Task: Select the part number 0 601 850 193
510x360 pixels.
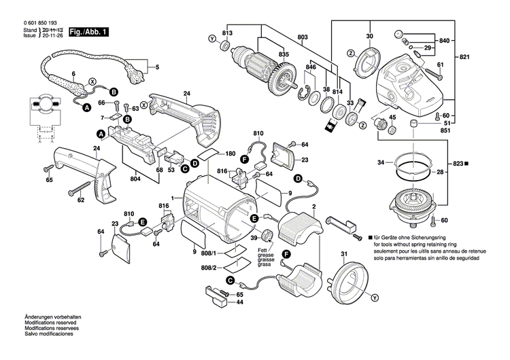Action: (31, 22)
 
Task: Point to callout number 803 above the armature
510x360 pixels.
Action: (303, 35)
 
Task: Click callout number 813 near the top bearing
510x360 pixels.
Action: (227, 33)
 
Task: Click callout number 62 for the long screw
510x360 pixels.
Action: (81, 200)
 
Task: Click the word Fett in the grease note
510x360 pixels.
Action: (262, 251)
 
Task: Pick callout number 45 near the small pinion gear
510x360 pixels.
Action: (392, 119)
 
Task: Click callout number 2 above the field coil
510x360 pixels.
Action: (313, 206)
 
